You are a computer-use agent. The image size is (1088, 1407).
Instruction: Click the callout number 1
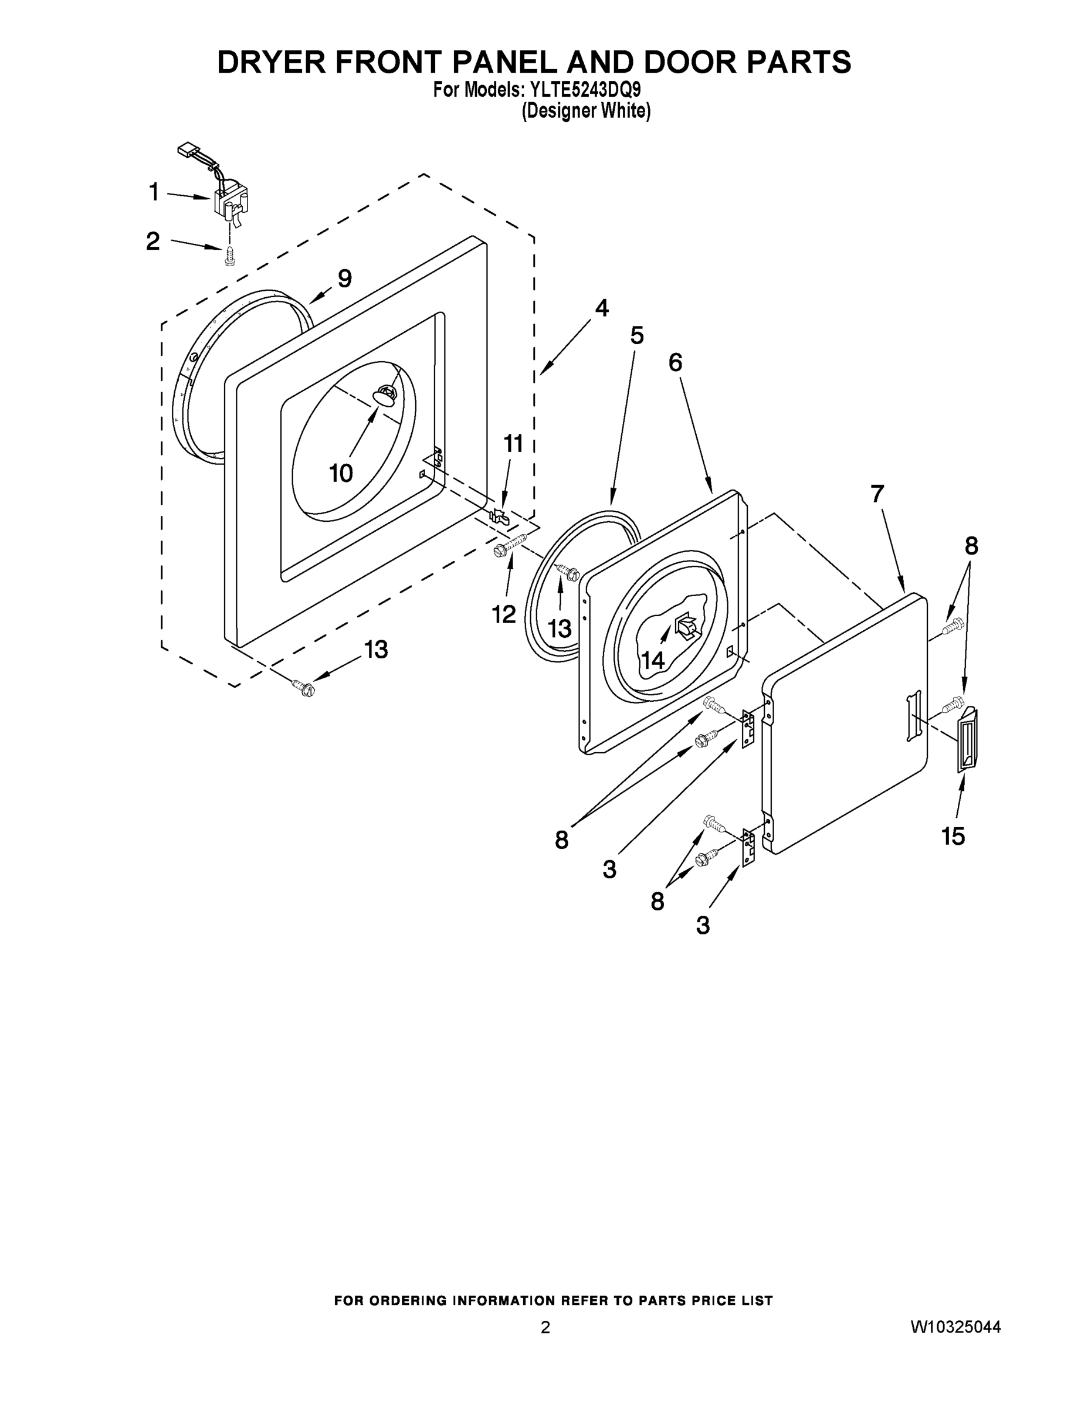pos(154,191)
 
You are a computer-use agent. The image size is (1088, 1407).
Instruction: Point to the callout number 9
pos(345,278)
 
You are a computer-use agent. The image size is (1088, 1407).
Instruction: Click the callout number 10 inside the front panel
pos(341,474)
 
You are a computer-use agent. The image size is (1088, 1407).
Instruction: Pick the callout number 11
pos(513,444)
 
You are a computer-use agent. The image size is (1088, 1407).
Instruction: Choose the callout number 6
pos(675,363)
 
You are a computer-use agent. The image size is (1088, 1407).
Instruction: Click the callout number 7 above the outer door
pos(877,494)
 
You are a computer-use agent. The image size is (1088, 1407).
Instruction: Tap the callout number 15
pos(953,836)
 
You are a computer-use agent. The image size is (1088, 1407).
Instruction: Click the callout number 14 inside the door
pos(652,660)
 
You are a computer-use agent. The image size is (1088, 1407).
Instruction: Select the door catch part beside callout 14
pos(685,626)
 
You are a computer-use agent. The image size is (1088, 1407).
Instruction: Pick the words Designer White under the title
pos(585,111)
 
